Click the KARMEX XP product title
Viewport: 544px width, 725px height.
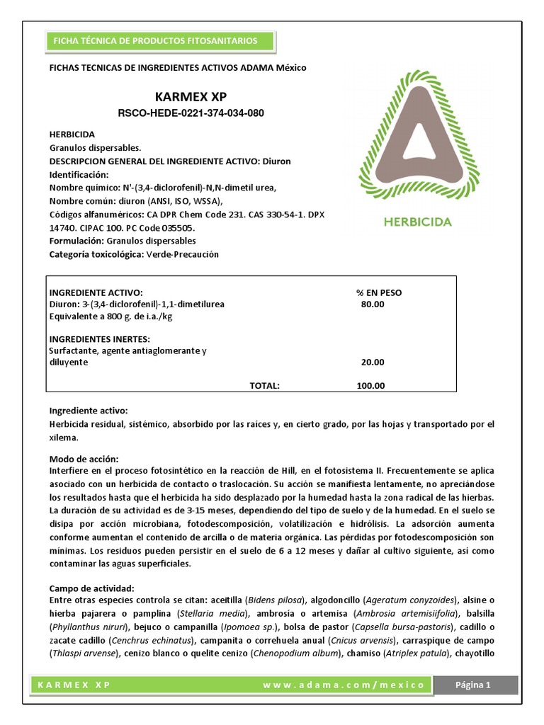[191, 96]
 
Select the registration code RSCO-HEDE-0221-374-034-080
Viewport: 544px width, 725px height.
[191, 113]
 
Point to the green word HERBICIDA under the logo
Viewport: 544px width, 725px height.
[417, 222]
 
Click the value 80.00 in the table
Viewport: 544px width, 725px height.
[373, 304]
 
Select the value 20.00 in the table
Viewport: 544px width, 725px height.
[373, 362]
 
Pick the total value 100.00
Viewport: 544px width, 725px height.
[371, 386]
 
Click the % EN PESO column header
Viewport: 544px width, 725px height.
[379, 292]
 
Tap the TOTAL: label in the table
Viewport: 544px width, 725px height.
[265, 386]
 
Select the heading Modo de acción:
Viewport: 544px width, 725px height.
[84, 459]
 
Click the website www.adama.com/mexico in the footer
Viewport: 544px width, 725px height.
[344, 685]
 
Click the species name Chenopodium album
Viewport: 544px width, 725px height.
[302, 653]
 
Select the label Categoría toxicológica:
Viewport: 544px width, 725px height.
[96, 254]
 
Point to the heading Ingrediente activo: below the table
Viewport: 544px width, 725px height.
[88, 411]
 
